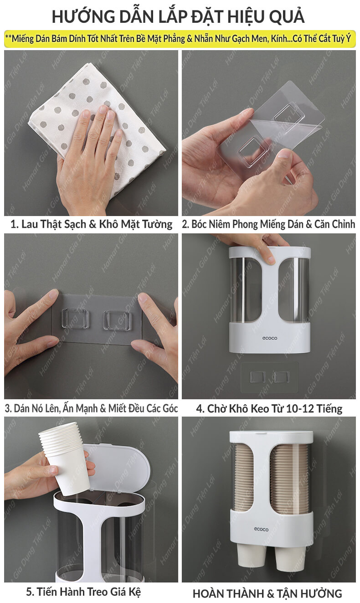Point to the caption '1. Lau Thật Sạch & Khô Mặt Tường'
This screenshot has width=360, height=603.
click(91, 224)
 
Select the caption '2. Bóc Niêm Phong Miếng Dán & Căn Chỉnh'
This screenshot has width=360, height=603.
click(268, 224)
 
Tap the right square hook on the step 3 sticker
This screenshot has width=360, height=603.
click(117, 320)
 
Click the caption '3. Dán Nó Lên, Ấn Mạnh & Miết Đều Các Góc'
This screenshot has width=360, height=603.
click(91, 408)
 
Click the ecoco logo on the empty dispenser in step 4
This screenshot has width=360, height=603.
click(270, 338)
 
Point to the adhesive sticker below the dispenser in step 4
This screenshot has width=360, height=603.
click(270, 377)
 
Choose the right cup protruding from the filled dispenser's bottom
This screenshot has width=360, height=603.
click(290, 557)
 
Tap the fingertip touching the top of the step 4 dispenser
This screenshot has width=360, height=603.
click(270, 259)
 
